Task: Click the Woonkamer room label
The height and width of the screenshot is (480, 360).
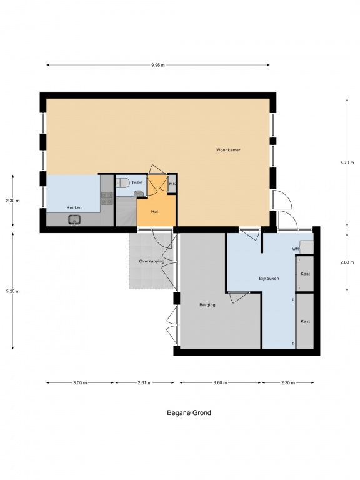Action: click(x=228, y=150)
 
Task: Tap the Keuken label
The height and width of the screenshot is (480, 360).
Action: click(x=74, y=207)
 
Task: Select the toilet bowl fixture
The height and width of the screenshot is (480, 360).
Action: click(x=123, y=183)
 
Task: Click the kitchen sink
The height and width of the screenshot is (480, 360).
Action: click(x=74, y=220)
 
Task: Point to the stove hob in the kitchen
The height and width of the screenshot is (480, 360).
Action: click(x=106, y=198)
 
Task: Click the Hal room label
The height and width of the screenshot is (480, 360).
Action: click(x=154, y=211)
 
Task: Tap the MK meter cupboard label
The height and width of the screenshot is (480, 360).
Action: click(x=172, y=184)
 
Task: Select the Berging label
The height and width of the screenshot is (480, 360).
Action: click(x=207, y=305)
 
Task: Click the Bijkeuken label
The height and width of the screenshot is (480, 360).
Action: click(x=269, y=279)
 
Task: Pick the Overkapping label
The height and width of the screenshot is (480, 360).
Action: click(x=151, y=261)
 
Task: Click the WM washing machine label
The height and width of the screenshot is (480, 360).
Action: click(x=296, y=249)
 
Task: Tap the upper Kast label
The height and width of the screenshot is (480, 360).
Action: click(x=305, y=274)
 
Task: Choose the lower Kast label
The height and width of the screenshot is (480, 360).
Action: click(x=305, y=321)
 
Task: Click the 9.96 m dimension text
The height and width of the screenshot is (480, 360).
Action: click(x=158, y=65)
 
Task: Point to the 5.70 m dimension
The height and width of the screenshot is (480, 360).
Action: click(x=347, y=162)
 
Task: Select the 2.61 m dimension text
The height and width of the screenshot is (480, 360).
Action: click(x=144, y=382)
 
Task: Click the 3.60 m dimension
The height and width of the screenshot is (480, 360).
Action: click(x=220, y=382)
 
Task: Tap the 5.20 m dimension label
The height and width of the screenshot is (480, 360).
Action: click(x=12, y=291)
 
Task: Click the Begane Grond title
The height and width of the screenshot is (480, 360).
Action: click(x=189, y=412)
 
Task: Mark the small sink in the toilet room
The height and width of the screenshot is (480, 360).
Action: click(x=139, y=194)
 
